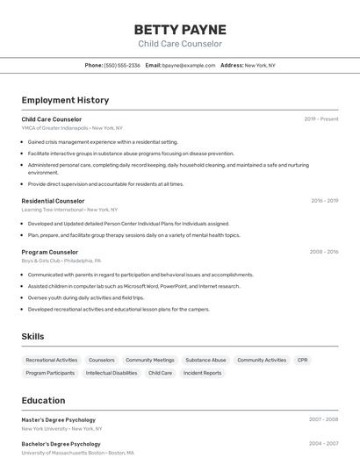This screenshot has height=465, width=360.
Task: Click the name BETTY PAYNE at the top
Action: tap(180, 29)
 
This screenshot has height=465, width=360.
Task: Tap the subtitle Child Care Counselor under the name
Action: tap(180, 44)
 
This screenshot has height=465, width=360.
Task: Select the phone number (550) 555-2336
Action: tap(122, 65)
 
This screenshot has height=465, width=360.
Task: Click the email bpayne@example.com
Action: tap(189, 65)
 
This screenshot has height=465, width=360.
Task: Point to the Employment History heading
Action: tap(65, 100)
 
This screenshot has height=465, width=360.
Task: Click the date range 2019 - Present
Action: tap(321, 118)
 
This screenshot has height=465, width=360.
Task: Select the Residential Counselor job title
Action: tap(53, 200)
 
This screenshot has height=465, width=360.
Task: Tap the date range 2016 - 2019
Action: tap(324, 200)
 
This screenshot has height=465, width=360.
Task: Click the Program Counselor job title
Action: tap(50, 252)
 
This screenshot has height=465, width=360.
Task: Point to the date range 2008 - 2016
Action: tap(324, 252)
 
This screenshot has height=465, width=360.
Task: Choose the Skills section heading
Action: tap(32, 336)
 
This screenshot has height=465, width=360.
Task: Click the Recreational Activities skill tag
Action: tap(52, 360)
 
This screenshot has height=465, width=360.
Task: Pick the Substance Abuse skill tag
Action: tap(205, 360)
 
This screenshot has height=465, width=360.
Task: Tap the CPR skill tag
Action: tap(302, 360)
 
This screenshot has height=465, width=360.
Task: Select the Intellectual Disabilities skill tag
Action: tap(112, 373)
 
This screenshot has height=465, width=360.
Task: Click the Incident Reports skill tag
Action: tap(202, 373)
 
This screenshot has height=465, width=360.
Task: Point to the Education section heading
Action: tap(43, 400)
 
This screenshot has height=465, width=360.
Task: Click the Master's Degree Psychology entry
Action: tap(58, 419)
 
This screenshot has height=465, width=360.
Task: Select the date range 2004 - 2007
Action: tap(324, 443)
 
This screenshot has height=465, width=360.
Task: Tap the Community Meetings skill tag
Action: tap(149, 360)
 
